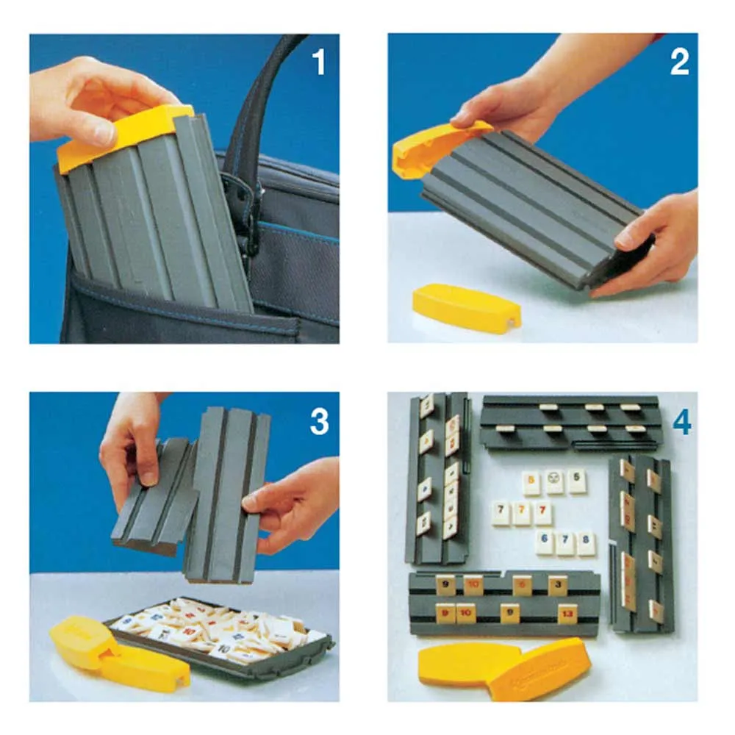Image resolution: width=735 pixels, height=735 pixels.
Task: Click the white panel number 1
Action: pyautogui.click(x=318, y=62)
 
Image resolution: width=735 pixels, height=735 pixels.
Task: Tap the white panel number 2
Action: pyautogui.click(x=679, y=62)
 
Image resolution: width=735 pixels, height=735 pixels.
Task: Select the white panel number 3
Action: pyautogui.click(x=318, y=422)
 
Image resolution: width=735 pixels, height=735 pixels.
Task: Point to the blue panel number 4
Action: pyautogui.click(x=681, y=422)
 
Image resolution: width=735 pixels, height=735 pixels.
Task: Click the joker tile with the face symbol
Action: pyautogui.click(x=554, y=482)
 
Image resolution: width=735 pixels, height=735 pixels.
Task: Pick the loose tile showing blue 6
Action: pyautogui.click(x=545, y=543)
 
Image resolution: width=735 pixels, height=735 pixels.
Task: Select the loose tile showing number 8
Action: pyautogui.click(x=585, y=543)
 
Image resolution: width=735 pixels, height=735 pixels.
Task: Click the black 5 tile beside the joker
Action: pyautogui.click(x=577, y=482)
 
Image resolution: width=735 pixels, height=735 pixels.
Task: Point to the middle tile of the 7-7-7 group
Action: pyautogui.click(x=522, y=513)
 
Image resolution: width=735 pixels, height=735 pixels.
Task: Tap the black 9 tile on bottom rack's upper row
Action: pyautogui.click(x=446, y=586)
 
